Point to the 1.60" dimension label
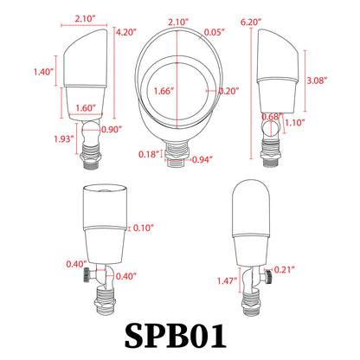pyautogui.click(x=85, y=108)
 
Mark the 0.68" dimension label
pyautogui.click(x=270, y=117)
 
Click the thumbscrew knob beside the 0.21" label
pyautogui.click(x=268, y=272)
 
